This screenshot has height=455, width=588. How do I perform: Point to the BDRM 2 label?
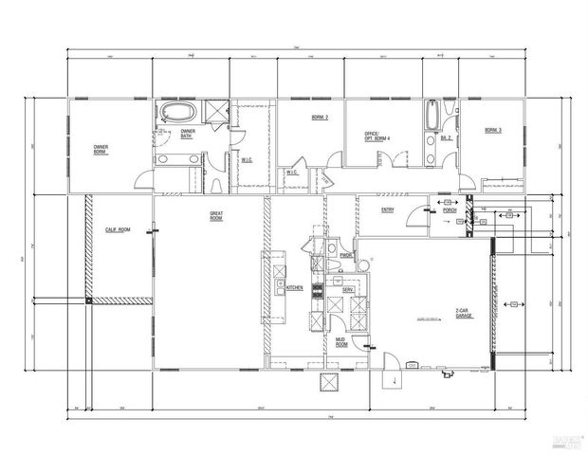click(320, 118)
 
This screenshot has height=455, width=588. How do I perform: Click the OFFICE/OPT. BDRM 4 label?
click(377, 136)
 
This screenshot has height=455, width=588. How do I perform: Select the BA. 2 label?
click(446, 137)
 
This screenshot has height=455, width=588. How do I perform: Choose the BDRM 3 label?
click(492, 130)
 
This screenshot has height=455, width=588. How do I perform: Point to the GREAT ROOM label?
click(216, 217)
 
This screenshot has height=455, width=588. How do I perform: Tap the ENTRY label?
click(387, 209)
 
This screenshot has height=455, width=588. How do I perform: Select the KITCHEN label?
click(295, 287)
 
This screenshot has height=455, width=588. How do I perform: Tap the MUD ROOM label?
click(341, 343)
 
